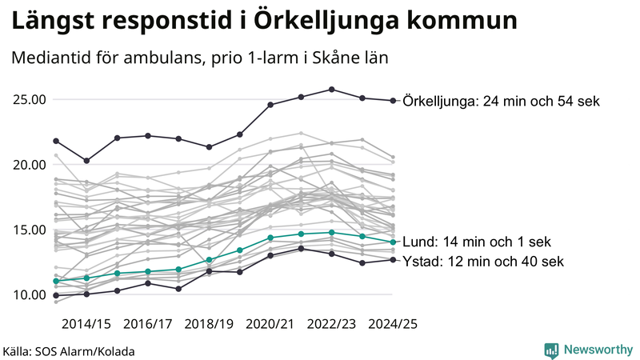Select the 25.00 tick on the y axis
pos(30,100)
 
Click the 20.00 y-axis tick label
pos(30,165)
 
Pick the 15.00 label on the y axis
pos(30,230)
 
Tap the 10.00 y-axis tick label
pos(30,294)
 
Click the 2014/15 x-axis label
pos(86,324)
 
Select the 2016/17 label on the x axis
pos(147,324)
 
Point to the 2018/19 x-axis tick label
pos(209,324)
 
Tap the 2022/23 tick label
pos(331,324)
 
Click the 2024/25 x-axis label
pos(392,324)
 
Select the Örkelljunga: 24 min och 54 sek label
pos(502,101)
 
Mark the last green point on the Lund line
pos(392,242)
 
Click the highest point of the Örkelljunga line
pos(331,90)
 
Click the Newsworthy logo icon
pos(551,350)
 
